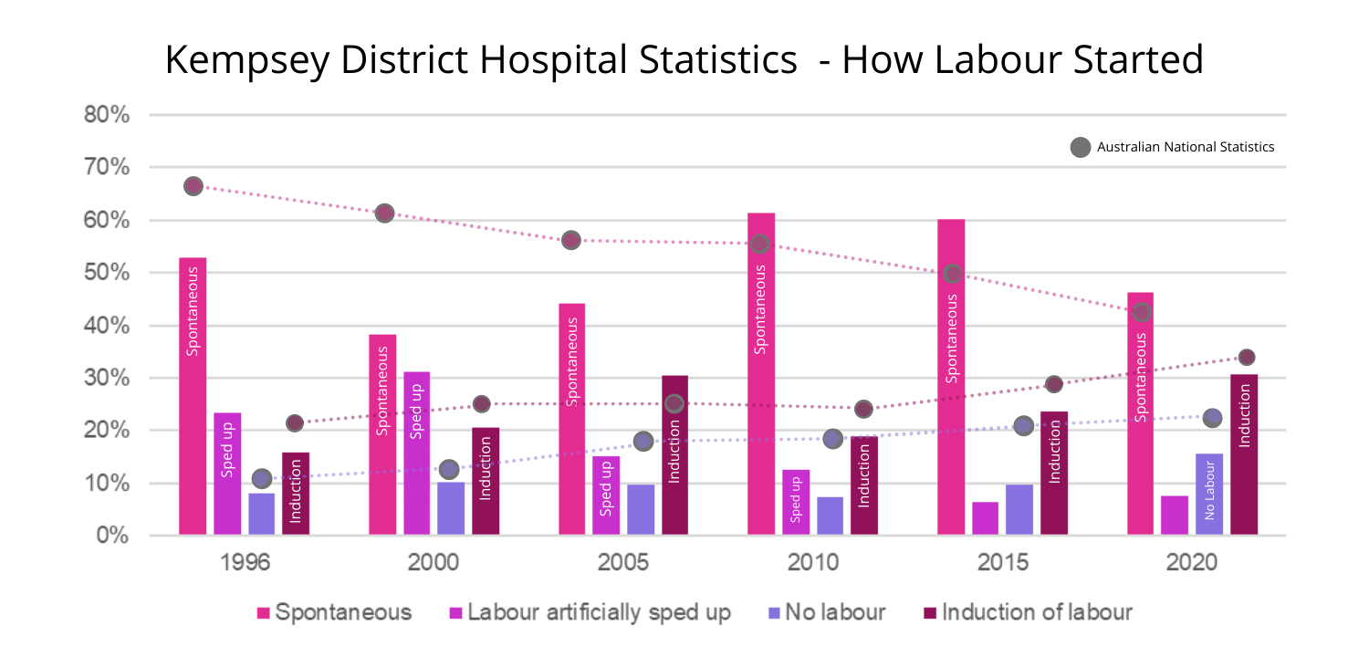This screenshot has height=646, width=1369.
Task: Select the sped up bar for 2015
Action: (x=985, y=518)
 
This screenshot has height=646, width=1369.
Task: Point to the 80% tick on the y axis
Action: (x=107, y=116)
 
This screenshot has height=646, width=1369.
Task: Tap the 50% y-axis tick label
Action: (x=107, y=273)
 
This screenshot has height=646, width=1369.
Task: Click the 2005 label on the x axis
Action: (x=623, y=562)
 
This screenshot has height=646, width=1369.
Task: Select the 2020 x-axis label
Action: (x=1192, y=562)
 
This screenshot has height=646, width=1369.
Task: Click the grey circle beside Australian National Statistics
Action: (x=1081, y=147)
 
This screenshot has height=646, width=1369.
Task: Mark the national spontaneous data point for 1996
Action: (x=193, y=186)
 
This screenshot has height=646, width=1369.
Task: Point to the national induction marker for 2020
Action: (x=1247, y=357)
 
